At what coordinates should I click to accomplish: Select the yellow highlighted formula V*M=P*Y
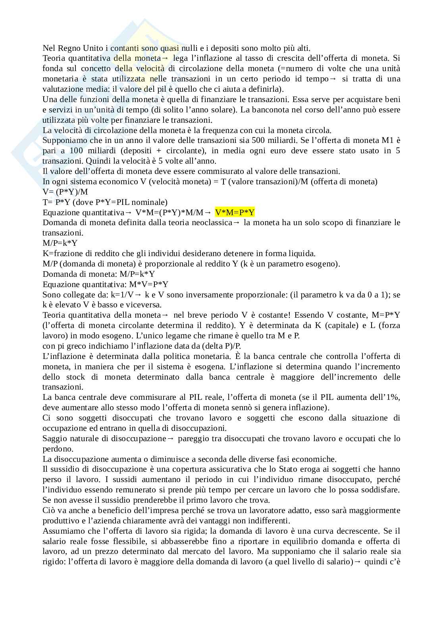click(235, 212)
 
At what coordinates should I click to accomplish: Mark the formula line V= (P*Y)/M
click(65, 192)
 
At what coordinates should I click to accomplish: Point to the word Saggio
click(54, 438)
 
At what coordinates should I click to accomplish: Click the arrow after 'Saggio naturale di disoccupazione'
click(171, 438)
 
